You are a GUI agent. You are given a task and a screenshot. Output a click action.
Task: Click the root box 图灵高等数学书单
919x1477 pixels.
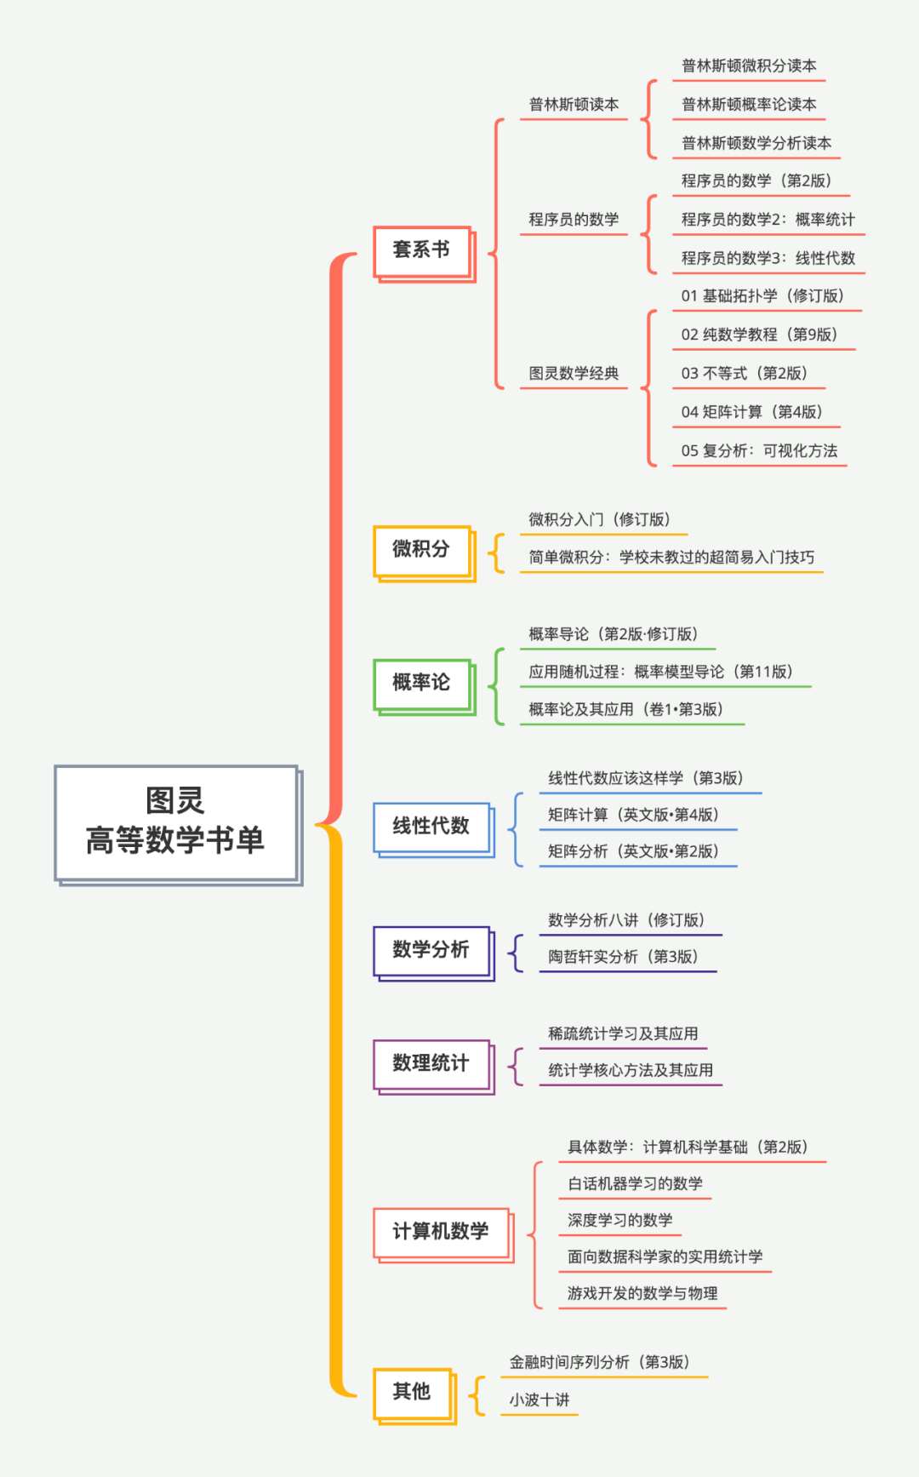pos(176,822)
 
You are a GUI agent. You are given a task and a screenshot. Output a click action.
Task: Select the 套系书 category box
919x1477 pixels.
pos(422,250)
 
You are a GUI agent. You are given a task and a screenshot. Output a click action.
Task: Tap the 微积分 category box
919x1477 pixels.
pos(422,550)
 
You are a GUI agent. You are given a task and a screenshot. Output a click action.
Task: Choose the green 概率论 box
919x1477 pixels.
pos(422,683)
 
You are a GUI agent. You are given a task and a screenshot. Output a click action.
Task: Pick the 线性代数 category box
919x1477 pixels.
pos(431,827)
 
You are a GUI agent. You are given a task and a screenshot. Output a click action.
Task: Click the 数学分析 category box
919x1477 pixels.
pos(431,950)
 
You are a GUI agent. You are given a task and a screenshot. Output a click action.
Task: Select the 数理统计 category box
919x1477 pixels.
pos(431,1063)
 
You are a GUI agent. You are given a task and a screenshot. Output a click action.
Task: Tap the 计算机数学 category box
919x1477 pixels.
pos(441,1232)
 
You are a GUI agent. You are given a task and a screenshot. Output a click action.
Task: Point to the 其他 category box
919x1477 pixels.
pos(413,1392)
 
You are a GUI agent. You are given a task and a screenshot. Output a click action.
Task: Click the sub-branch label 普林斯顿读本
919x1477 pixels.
pos(574,105)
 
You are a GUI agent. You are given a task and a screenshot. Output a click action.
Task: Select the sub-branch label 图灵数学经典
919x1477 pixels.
pos(574,374)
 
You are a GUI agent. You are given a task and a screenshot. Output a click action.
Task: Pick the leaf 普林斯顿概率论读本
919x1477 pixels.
pos(749,105)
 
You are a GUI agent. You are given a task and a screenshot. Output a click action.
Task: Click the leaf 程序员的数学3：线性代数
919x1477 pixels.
pos(768,258)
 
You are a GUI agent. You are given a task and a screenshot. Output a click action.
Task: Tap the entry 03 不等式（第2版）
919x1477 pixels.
pos(744,374)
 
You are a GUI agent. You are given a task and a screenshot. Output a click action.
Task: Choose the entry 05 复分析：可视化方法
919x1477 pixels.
pos(759,451)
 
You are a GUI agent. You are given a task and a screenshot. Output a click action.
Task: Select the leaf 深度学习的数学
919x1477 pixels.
pos(620,1221)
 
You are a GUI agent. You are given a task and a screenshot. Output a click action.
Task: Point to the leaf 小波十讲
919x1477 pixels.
pos(539,1400)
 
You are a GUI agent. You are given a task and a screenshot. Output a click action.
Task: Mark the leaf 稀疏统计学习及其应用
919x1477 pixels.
pos(623,1034)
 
